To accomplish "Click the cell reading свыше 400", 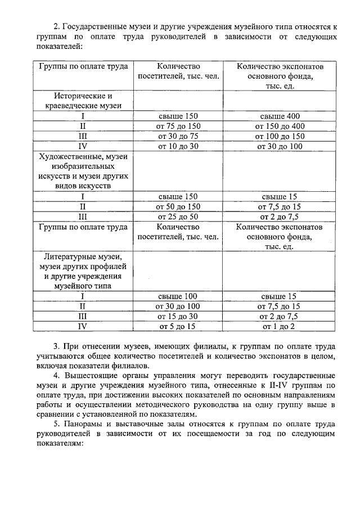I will point(280,116).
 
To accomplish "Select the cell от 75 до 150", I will point(178,126).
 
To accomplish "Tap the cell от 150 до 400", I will point(280,126).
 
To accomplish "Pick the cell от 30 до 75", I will point(178,136).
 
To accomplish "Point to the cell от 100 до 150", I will point(280,136).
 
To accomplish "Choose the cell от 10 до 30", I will point(178,146).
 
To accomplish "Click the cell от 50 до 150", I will point(178,207).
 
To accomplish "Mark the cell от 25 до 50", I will point(178,217).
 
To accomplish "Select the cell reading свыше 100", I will point(178,296).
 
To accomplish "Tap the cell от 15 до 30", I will point(178,316).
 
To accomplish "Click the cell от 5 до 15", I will point(178,326).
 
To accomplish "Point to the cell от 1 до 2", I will point(280,326).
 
